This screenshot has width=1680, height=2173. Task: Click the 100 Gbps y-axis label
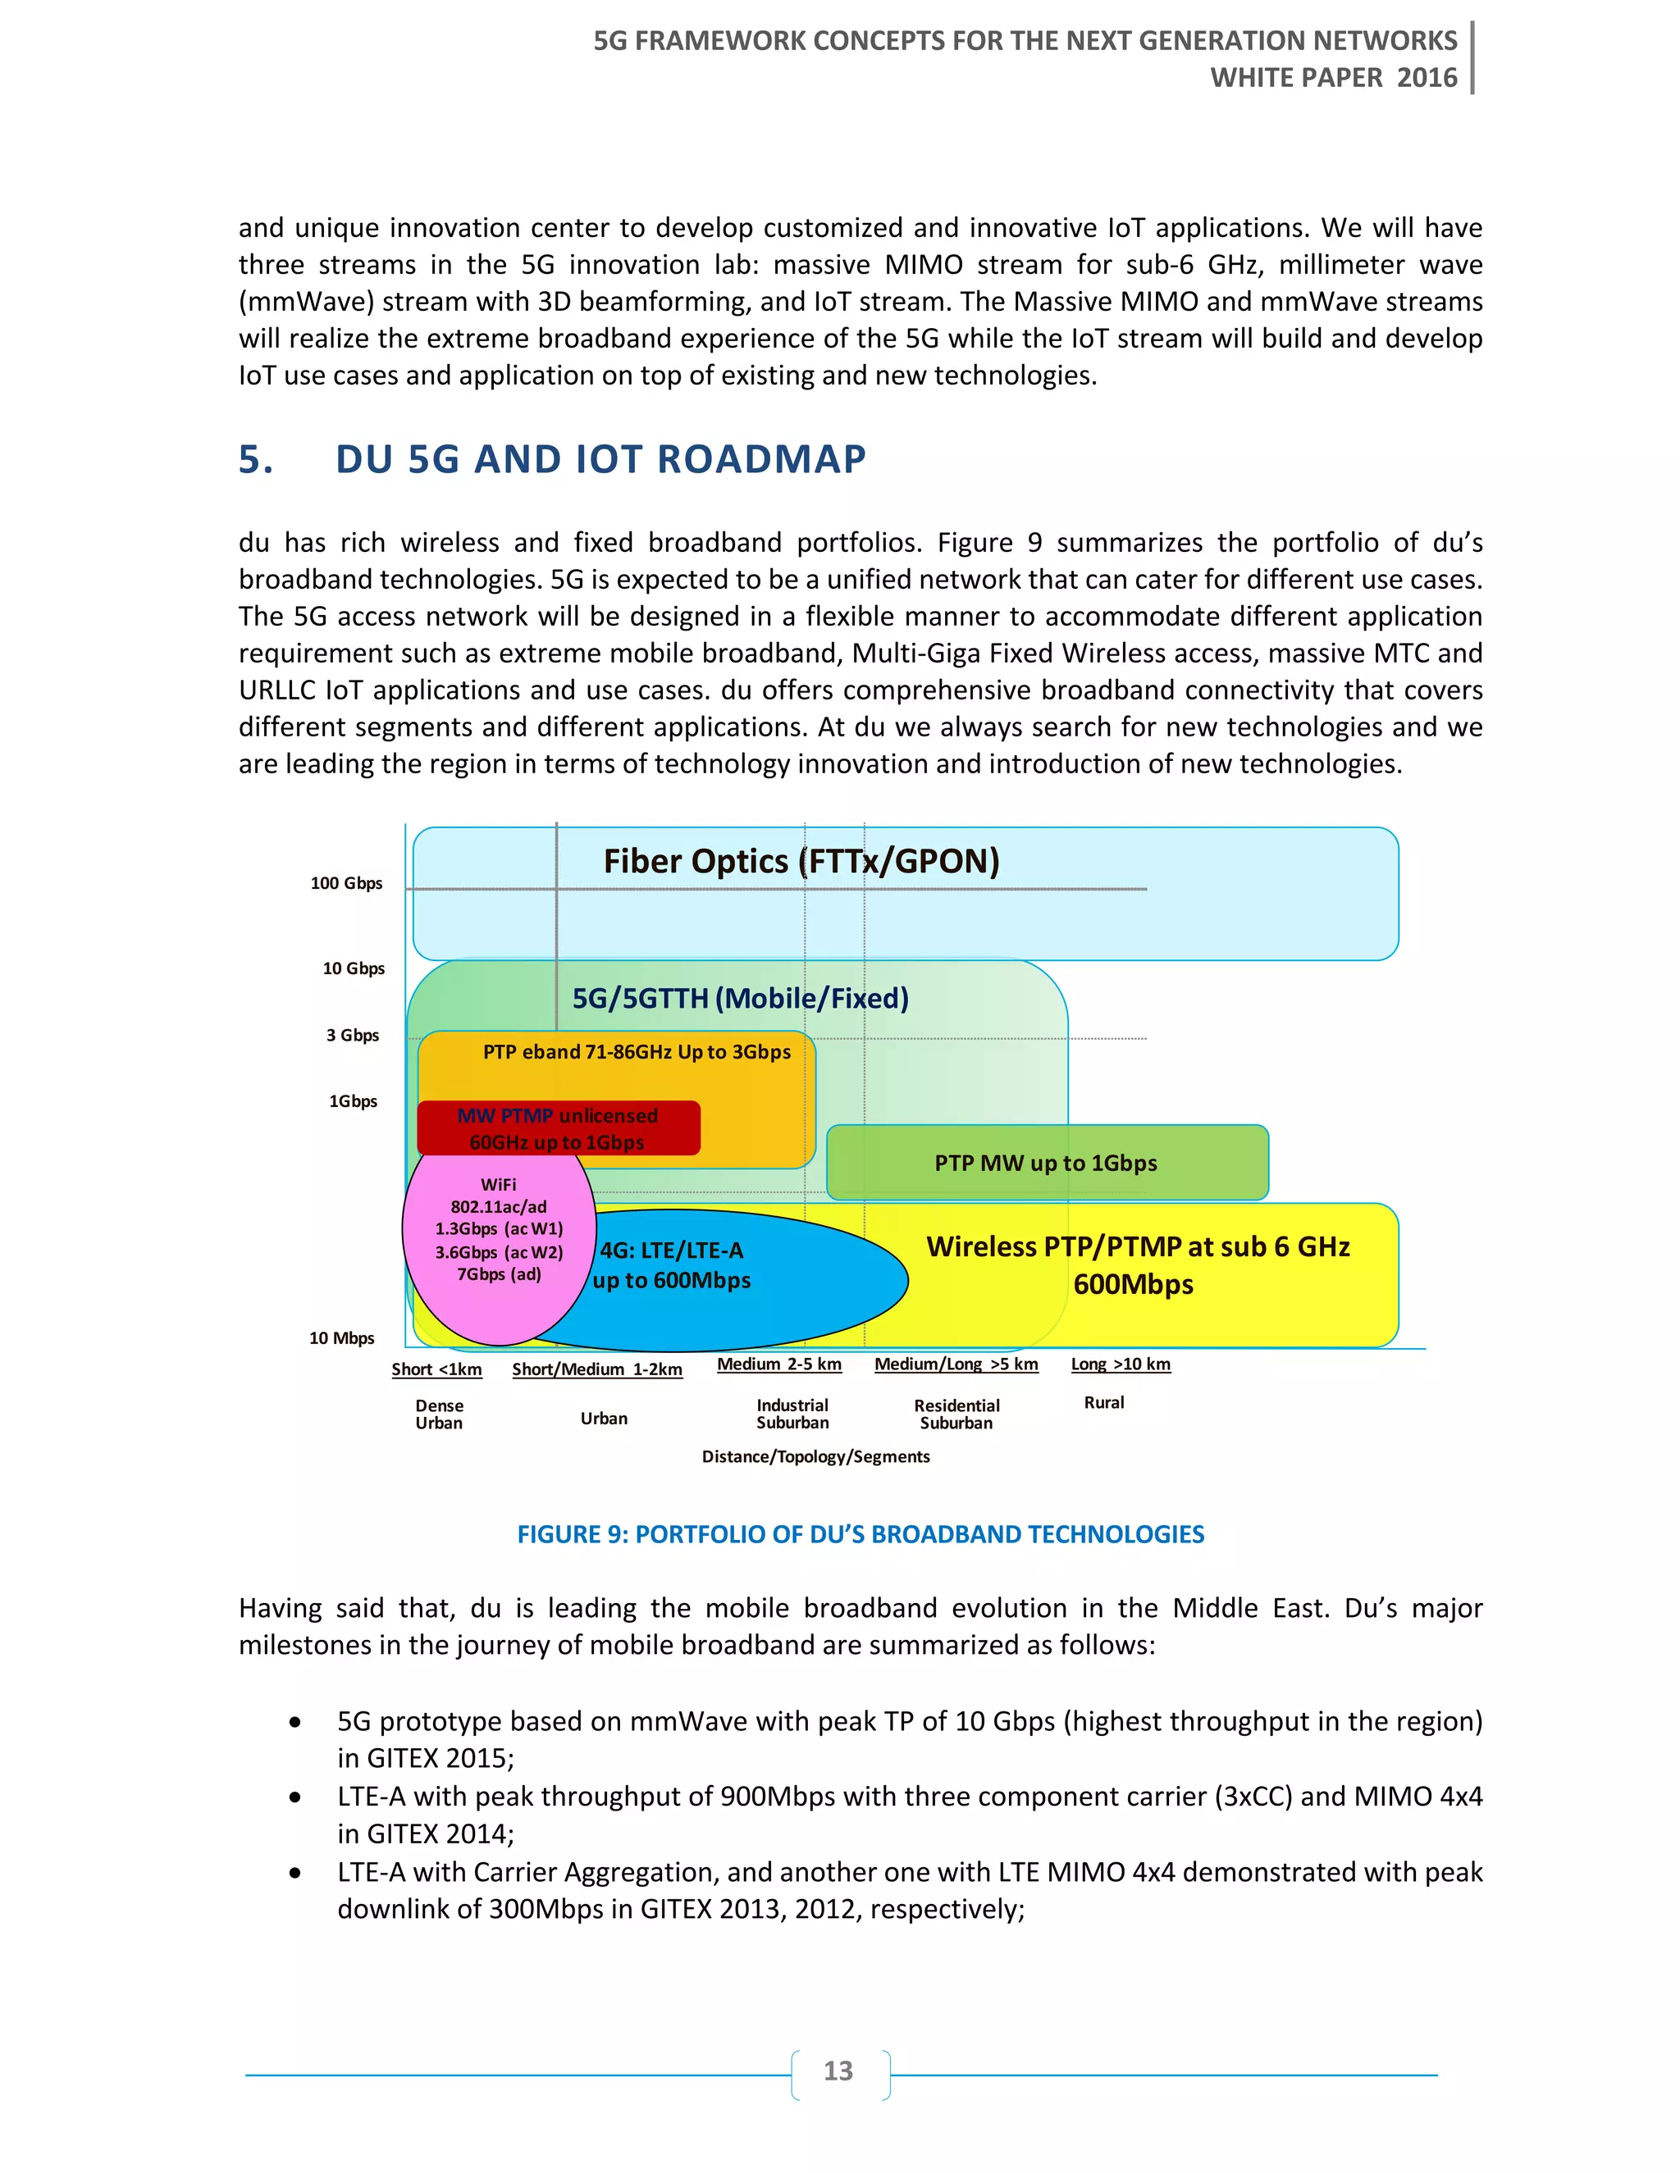coord(345,882)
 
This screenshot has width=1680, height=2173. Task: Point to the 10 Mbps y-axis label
coord(341,1338)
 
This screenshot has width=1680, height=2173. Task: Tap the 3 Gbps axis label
coord(352,1035)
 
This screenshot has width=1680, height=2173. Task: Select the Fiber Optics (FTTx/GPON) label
coord(801,861)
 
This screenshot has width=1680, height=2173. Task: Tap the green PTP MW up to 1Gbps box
coord(1046,1163)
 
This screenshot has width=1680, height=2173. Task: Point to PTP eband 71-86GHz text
coord(637,1052)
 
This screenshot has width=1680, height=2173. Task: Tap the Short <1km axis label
coord(437,1369)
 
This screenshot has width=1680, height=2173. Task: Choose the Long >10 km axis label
coord(1121,1364)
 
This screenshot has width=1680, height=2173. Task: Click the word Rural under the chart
coord(1104,1402)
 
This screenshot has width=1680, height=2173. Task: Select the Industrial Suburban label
coord(792,1414)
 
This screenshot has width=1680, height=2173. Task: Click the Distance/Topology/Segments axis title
coord(815,1456)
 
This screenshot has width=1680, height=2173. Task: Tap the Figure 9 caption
coord(860,1534)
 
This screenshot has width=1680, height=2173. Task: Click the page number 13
coord(838,2070)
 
